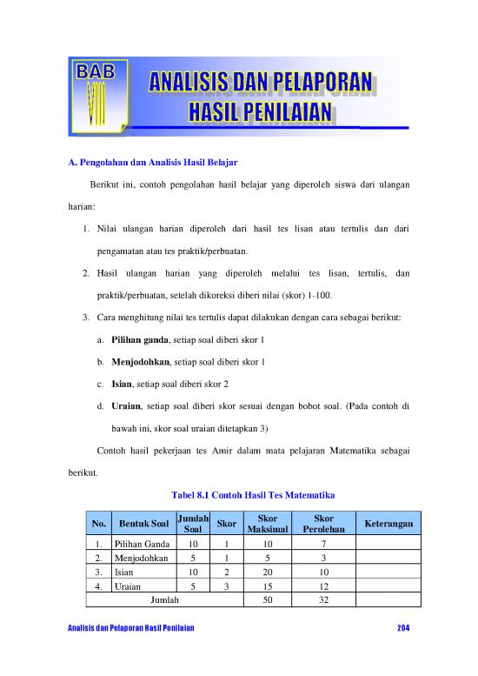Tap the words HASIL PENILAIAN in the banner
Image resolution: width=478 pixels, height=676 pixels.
262,111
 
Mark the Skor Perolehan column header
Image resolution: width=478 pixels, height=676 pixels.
323,523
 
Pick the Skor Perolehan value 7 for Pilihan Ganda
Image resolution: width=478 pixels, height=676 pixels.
323,543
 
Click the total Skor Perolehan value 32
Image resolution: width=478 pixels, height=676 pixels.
323,600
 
